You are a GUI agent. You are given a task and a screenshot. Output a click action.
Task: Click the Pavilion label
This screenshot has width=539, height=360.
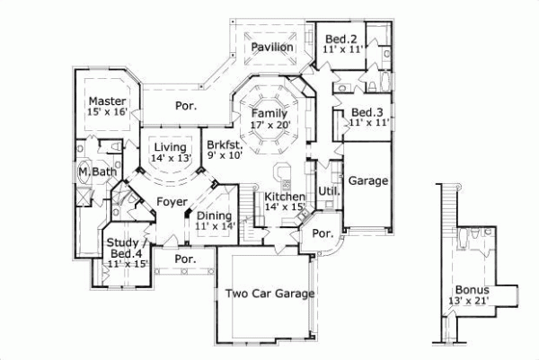(271, 47)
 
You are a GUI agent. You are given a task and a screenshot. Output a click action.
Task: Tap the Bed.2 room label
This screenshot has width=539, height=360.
(341, 39)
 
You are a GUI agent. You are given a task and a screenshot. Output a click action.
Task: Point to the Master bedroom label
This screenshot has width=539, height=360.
(107, 101)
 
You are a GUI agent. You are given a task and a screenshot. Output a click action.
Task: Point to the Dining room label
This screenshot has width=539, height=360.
(214, 215)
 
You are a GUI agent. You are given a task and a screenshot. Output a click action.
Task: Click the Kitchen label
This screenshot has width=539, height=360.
(285, 197)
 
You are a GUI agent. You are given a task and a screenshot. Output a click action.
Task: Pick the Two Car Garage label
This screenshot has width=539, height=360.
(269, 294)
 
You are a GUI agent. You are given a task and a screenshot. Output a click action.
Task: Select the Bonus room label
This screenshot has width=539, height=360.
(472, 290)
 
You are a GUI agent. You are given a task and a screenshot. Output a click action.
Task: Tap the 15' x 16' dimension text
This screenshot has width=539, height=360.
(107, 112)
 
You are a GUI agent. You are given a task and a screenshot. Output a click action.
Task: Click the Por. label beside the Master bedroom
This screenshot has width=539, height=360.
(186, 106)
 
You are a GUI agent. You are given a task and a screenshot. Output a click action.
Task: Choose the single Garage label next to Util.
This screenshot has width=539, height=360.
(368, 180)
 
